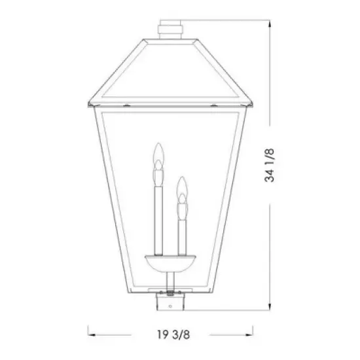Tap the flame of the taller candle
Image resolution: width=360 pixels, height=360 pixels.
click(x=156, y=155)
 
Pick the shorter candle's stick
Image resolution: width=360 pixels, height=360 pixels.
click(x=183, y=232)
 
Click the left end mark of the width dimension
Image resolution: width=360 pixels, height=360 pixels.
click(x=90, y=331)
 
